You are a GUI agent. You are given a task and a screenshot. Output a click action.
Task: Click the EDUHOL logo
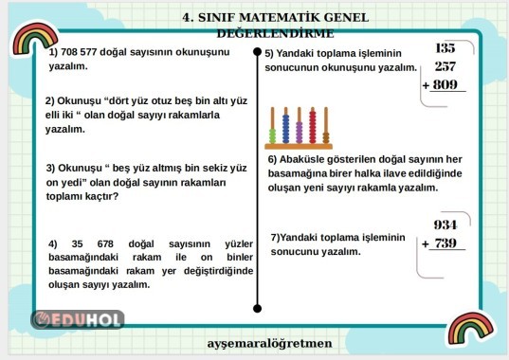(78, 319)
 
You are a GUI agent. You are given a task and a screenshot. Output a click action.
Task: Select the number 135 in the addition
(445, 47)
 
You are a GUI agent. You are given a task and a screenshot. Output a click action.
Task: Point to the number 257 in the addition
(445, 66)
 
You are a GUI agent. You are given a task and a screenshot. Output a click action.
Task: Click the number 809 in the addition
(445, 85)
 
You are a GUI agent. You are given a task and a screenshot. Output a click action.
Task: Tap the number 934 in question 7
(445, 225)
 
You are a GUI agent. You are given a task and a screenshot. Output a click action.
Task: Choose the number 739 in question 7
(445, 243)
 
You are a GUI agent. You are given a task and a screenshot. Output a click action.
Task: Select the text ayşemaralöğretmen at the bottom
(269, 342)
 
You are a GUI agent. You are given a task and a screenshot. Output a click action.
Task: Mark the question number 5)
(270, 54)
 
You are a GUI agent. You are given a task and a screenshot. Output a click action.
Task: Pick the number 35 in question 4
(78, 243)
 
